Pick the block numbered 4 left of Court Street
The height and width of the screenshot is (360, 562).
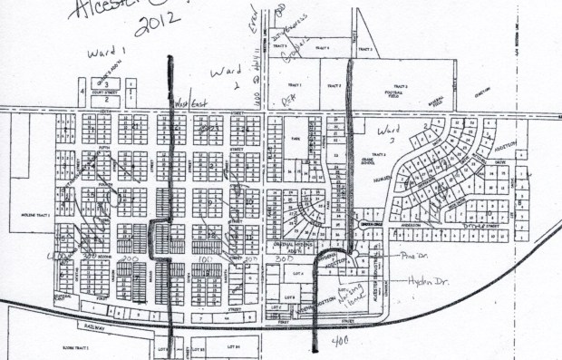82,92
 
